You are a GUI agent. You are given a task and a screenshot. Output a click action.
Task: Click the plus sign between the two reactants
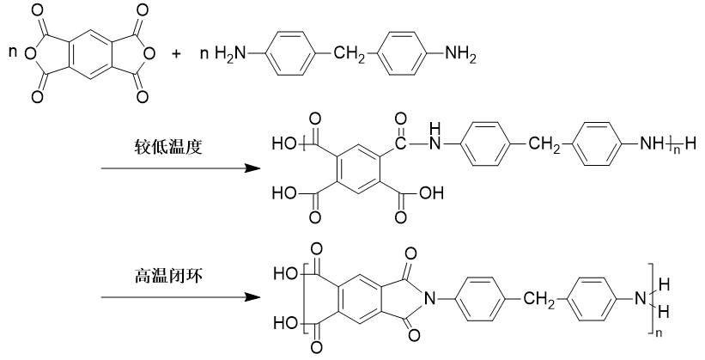pos(177,53)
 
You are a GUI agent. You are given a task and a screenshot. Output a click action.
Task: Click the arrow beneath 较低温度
pos(180,168)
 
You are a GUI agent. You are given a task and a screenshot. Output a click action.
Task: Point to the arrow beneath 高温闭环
pos(180,299)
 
